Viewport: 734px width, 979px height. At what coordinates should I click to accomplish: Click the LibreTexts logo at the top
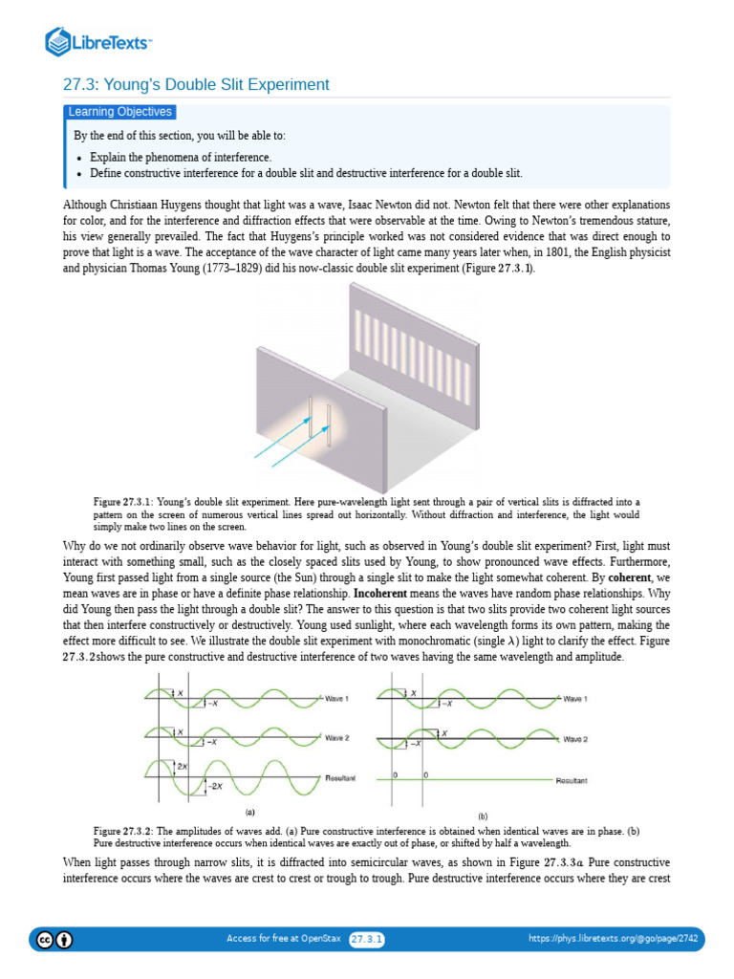click(99, 41)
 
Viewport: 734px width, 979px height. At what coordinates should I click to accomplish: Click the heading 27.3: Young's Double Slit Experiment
click(196, 85)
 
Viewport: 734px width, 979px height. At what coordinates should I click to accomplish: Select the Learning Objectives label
click(119, 112)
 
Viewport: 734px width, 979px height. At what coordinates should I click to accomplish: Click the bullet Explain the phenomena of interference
click(181, 157)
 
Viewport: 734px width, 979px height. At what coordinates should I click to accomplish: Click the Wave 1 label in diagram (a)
click(336, 699)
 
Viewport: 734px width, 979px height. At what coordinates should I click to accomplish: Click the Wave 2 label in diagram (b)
click(575, 739)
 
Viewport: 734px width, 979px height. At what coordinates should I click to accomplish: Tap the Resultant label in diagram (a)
click(340, 778)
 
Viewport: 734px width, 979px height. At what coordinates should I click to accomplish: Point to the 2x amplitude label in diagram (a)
click(182, 766)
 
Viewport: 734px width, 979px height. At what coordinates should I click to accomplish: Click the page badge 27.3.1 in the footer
click(367, 939)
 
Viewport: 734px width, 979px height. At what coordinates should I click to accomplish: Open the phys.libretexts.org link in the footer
click(613, 939)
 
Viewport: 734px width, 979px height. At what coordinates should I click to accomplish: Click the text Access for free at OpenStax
click(283, 939)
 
